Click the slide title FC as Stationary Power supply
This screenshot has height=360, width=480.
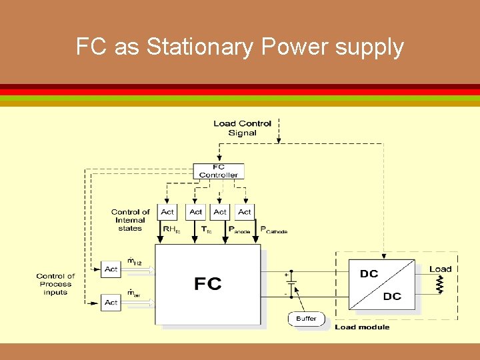(240, 47)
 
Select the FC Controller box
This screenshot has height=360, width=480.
(218, 171)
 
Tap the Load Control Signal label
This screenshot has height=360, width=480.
(242, 128)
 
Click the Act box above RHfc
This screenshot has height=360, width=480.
(167, 212)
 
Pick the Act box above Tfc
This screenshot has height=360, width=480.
(195, 212)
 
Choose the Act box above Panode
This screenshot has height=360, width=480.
(220, 212)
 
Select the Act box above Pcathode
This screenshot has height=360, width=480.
(245, 212)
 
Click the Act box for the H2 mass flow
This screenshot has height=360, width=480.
(111, 269)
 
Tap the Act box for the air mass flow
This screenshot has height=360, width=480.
(111, 302)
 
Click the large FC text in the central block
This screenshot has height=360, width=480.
(207, 285)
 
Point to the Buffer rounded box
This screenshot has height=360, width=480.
(306, 319)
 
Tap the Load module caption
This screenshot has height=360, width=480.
(362, 327)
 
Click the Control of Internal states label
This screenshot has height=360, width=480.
(130, 220)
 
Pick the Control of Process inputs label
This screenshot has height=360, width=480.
(55, 284)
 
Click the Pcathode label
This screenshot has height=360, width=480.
(273, 230)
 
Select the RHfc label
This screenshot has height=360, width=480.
(171, 229)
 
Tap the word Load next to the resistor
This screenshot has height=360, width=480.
(440, 269)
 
